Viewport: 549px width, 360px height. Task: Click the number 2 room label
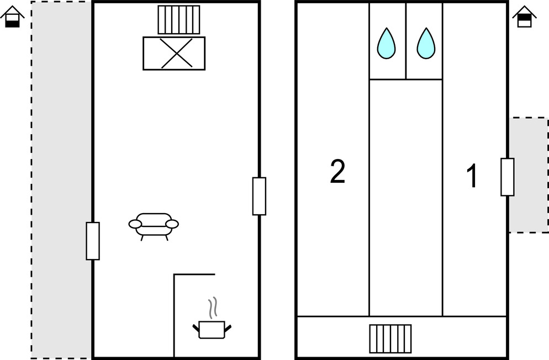pyautogui.click(x=337, y=172)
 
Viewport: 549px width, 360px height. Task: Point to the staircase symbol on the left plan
pyautogui.click(x=178, y=20)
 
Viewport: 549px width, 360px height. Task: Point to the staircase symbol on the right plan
pyautogui.click(x=390, y=338)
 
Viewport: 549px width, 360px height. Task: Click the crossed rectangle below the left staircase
pyautogui.click(x=174, y=53)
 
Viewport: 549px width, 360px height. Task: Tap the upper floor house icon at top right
pyautogui.click(x=525, y=17)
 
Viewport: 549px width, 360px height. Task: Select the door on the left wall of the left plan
pyautogui.click(x=93, y=241)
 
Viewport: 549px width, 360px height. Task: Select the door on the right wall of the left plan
pyautogui.click(x=259, y=196)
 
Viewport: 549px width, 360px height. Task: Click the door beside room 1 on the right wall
pyautogui.click(x=507, y=177)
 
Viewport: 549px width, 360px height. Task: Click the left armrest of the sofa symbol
pyautogui.click(x=135, y=224)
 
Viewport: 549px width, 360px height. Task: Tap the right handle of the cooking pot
pyautogui.click(x=228, y=329)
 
